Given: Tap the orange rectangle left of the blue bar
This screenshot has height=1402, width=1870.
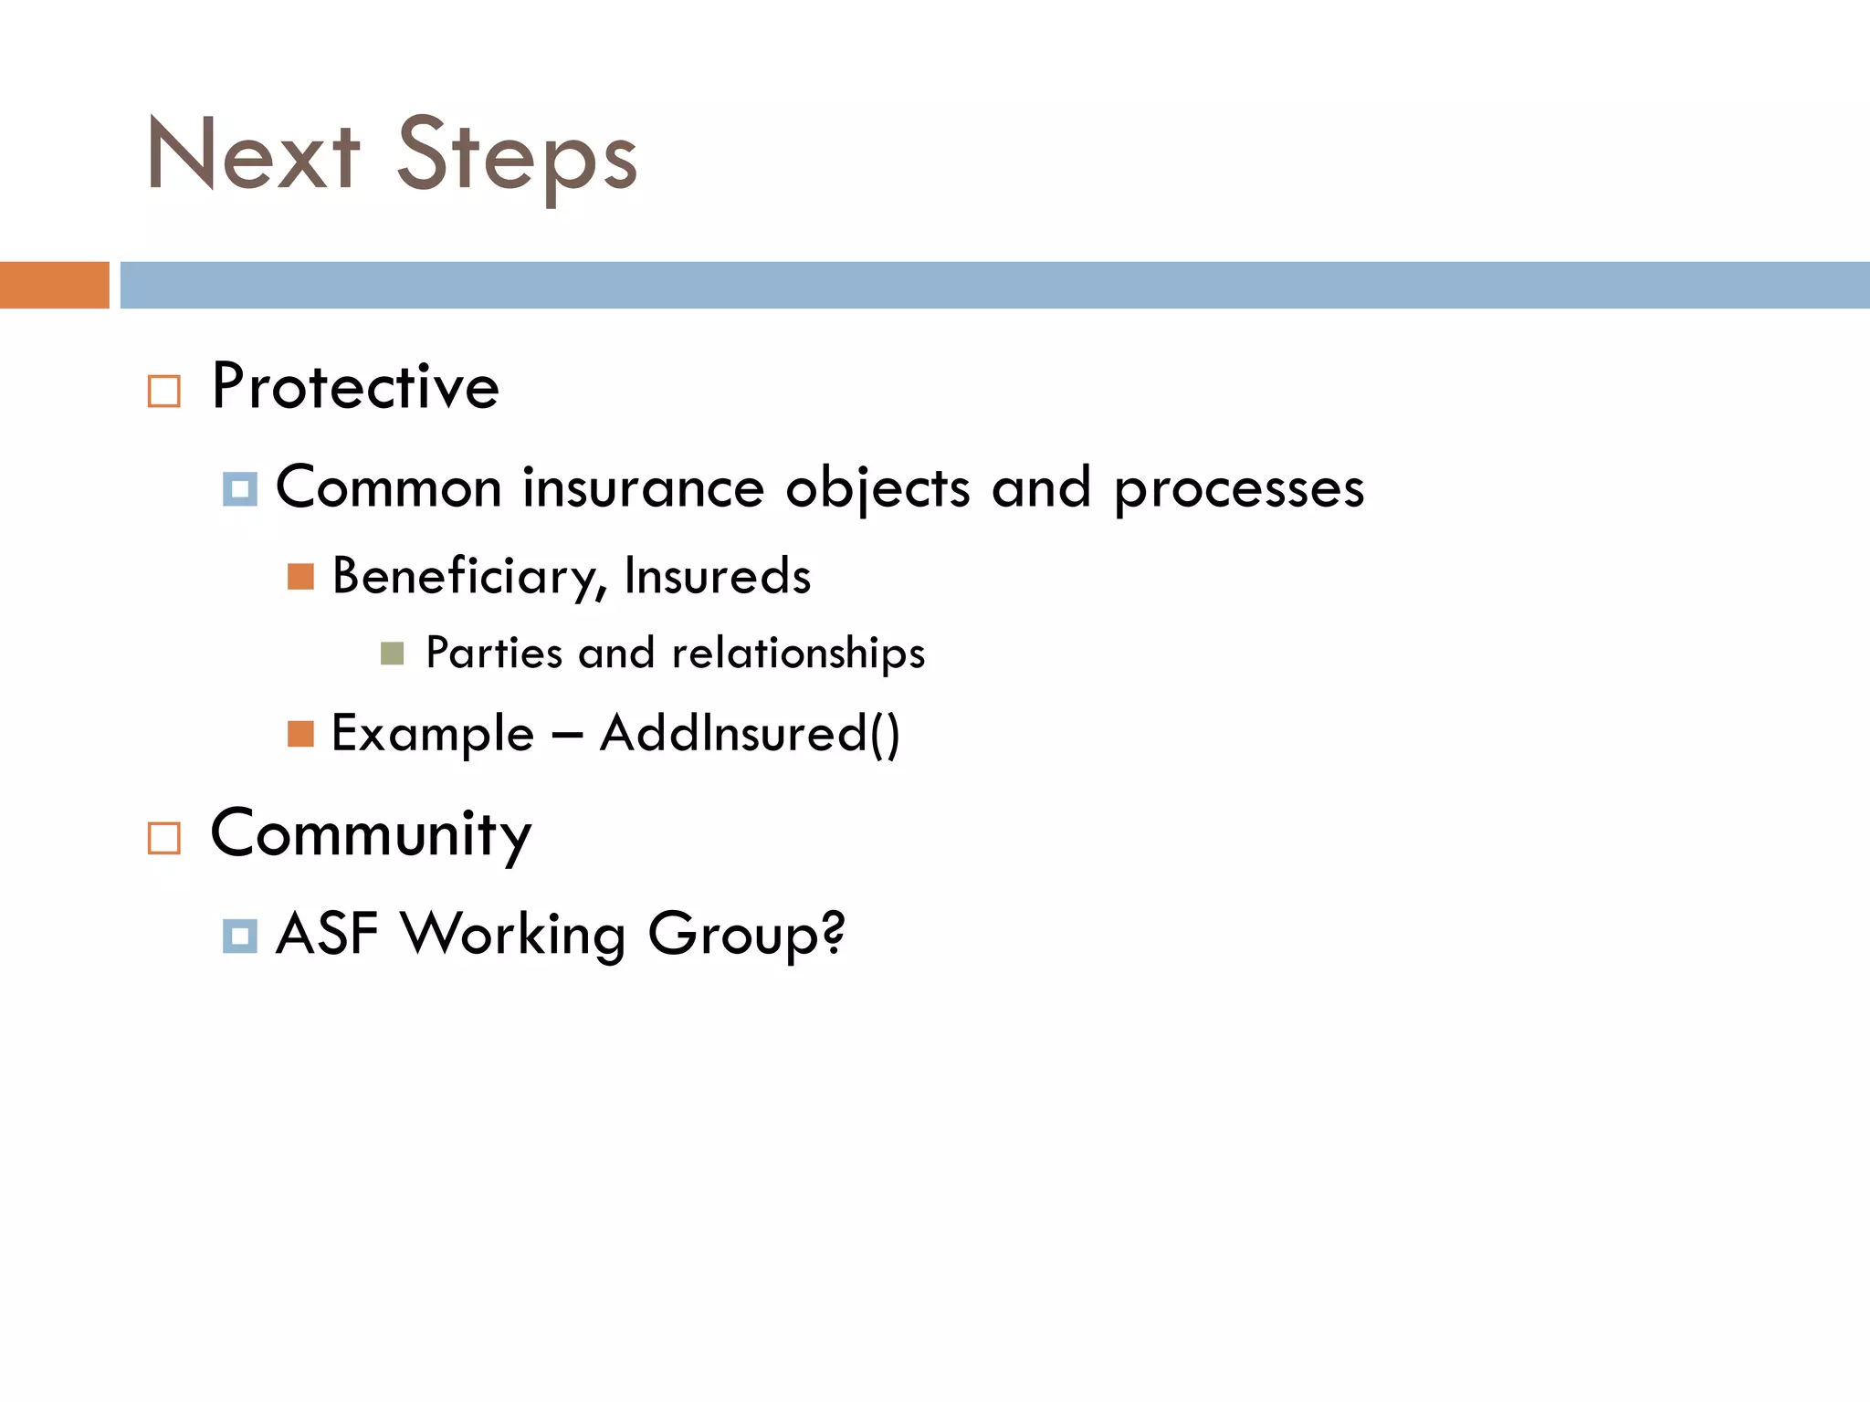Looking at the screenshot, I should click(x=54, y=285).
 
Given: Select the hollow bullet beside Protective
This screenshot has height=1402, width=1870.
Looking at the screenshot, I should click(x=164, y=392).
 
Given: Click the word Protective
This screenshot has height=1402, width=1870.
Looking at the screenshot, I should click(x=355, y=387).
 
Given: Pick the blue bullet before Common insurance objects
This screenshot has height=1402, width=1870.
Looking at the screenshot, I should click(x=239, y=489).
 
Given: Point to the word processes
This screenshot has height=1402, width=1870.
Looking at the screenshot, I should click(x=1238, y=490).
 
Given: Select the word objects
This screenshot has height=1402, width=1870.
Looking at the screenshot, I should click(x=877, y=489).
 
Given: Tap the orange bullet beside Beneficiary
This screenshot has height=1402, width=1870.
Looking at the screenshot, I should click(x=300, y=577).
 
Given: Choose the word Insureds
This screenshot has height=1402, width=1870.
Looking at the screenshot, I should click(x=718, y=576).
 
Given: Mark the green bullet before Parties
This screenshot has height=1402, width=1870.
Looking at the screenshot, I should click(x=392, y=654).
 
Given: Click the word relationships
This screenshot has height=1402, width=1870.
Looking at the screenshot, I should click(x=798, y=654).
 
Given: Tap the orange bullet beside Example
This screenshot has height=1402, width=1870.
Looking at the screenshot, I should click(x=300, y=734).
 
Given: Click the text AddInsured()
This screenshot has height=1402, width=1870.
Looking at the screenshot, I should click(x=750, y=734).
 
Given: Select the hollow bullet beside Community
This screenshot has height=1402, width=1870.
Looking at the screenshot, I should click(x=164, y=838).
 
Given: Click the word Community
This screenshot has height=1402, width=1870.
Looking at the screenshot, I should click(x=371, y=834).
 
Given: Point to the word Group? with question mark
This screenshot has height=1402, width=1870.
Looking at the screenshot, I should click(x=746, y=935).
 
